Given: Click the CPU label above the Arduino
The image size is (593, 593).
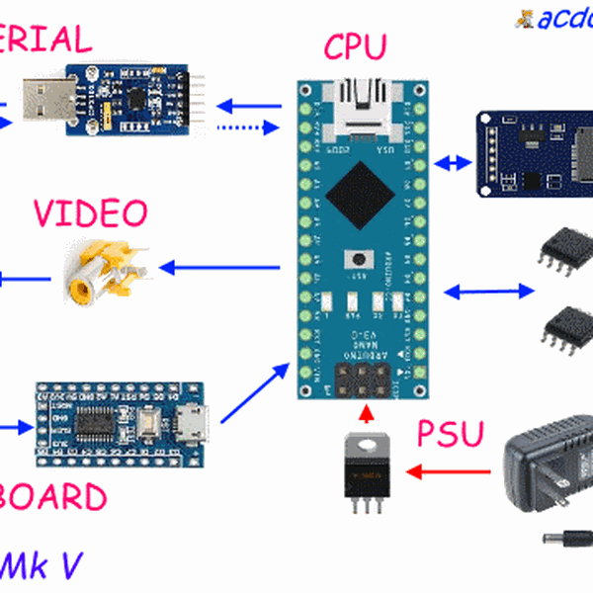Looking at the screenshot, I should (356, 45).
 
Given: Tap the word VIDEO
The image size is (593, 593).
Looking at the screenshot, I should (89, 212).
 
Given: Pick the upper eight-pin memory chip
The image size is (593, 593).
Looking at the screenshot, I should (564, 247).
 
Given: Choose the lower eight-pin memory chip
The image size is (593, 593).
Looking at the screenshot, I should (567, 323).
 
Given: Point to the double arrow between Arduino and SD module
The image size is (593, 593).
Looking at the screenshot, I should (456, 161).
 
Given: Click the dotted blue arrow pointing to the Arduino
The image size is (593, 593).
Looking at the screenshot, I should (248, 127).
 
